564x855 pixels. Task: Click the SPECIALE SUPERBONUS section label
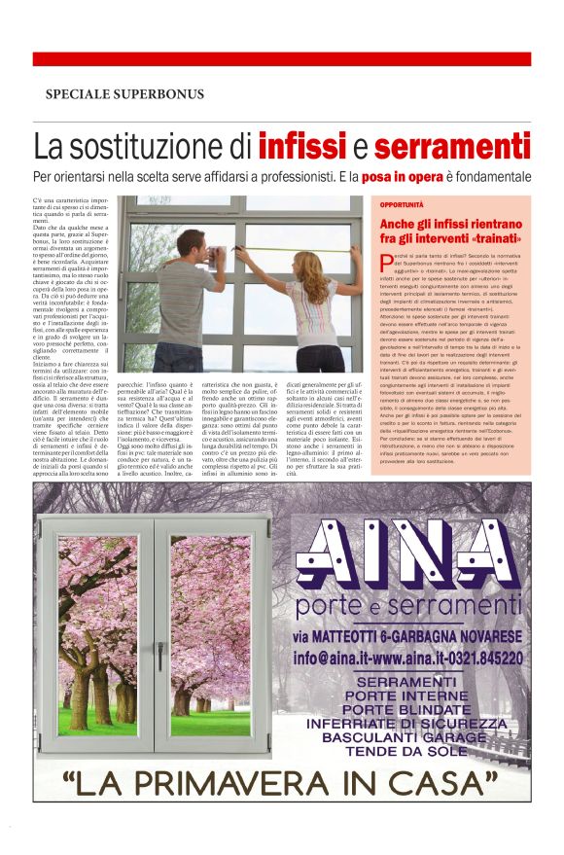point(124,94)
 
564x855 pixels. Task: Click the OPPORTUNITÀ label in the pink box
point(401,206)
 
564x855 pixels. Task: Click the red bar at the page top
point(281,59)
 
